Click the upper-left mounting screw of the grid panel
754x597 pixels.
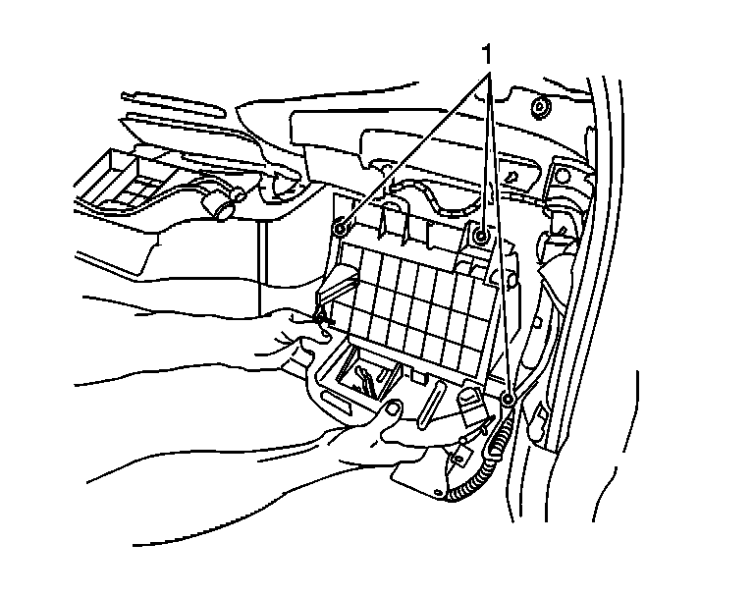coord(339,229)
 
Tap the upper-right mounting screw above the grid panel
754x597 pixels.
coord(481,237)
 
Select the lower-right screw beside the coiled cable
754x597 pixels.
coord(508,400)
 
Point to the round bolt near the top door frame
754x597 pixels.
coord(538,105)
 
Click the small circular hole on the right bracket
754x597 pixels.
coord(563,176)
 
